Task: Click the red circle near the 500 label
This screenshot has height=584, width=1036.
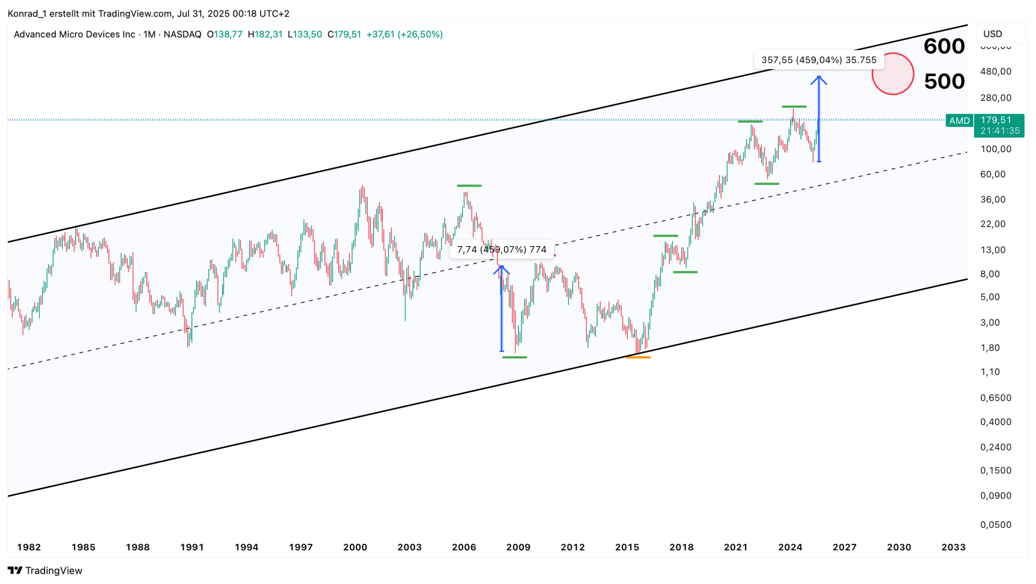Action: [x=892, y=74]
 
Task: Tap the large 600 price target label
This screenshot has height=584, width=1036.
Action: [x=944, y=46]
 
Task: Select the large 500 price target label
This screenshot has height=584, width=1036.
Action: [x=944, y=81]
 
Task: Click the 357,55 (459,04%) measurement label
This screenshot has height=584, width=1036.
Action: [x=818, y=60]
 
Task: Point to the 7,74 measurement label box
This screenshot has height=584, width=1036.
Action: [x=501, y=249]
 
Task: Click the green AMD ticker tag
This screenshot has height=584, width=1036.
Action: [x=959, y=121]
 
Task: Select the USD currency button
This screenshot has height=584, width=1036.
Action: [x=992, y=34]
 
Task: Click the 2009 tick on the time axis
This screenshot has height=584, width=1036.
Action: [x=518, y=547]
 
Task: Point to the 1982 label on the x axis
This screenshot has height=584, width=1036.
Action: [x=29, y=547]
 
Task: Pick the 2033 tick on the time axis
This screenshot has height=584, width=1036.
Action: [x=953, y=547]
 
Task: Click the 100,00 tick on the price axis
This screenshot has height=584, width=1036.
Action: [x=996, y=149]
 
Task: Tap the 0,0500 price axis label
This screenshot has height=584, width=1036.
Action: [x=996, y=525]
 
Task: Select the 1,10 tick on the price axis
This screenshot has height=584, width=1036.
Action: [x=990, y=372]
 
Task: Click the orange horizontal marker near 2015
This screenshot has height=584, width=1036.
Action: [x=638, y=357]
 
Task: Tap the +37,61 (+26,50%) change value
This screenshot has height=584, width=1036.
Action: [x=404, y=34]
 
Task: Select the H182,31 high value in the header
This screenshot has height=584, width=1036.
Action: [x=265, y=34]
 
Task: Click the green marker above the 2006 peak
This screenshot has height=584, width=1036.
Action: [x=469, y=186]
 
